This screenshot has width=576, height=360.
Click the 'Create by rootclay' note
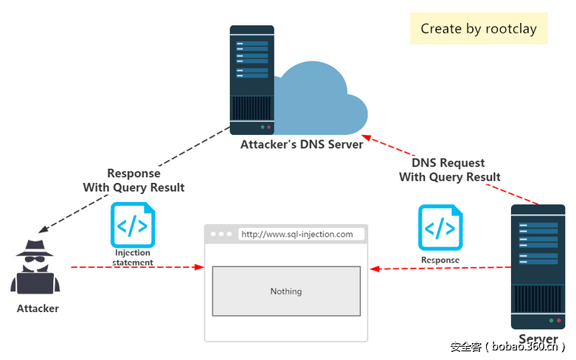tap(479, 29)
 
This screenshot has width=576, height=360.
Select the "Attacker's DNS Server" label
tap(302, 145)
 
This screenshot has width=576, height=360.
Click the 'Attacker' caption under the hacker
tap(38, 308)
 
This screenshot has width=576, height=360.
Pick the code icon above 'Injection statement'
tap(133, 225)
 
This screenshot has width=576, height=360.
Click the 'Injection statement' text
tap(133, 257)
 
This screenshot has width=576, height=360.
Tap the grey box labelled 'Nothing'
tap(286, 291)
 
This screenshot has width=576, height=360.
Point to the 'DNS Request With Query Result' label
tap(449, 170)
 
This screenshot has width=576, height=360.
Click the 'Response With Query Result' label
tap(133, 181)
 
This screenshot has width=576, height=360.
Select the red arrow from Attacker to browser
tap(136, 267)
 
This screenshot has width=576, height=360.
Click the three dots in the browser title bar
tap(221, 235)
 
